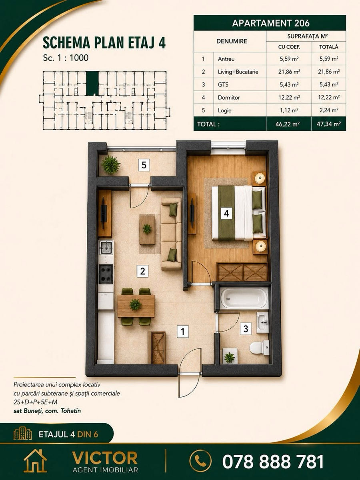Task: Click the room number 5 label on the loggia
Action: (x=144, y=165)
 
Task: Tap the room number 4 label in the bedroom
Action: (x=226, y=213)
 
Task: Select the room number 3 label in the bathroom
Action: (x=246, y=328)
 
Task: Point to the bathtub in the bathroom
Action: (x=244, y=298)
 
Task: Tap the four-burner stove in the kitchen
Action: (x=106, y=274)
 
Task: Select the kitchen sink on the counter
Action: (x=106, y=247)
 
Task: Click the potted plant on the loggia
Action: (x=111, y=165)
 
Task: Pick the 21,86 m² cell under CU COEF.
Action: (x=289, y=72)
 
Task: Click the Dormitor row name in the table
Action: (x=229, y=98)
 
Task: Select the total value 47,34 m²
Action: (x=329, y=124)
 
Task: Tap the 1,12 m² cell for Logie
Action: (x=289, y=110)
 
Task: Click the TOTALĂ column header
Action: (x=329, y=47)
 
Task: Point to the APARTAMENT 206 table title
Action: (x=271, y=23)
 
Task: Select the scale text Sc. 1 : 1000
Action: (x=66, y=58)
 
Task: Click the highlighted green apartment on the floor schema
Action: (x=92, y=83)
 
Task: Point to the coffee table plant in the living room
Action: (x=147, y=229)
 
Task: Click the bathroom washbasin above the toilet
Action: (x=262, y=322)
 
